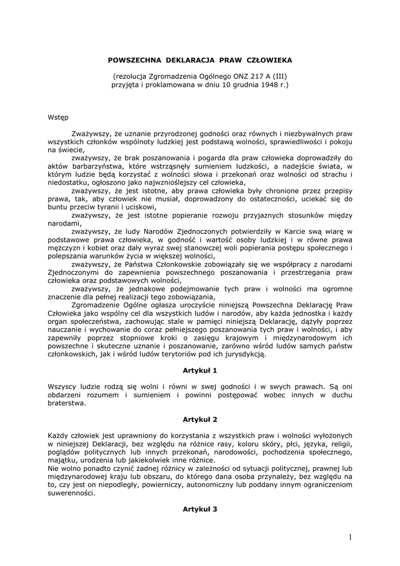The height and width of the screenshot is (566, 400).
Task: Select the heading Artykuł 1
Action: (x=199, y=370)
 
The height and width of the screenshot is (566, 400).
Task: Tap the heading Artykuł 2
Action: (x=199, y=420)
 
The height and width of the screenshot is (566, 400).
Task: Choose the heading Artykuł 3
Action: (x=199, y=509)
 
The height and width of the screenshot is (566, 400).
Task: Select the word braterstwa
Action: (x=67, y=403)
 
